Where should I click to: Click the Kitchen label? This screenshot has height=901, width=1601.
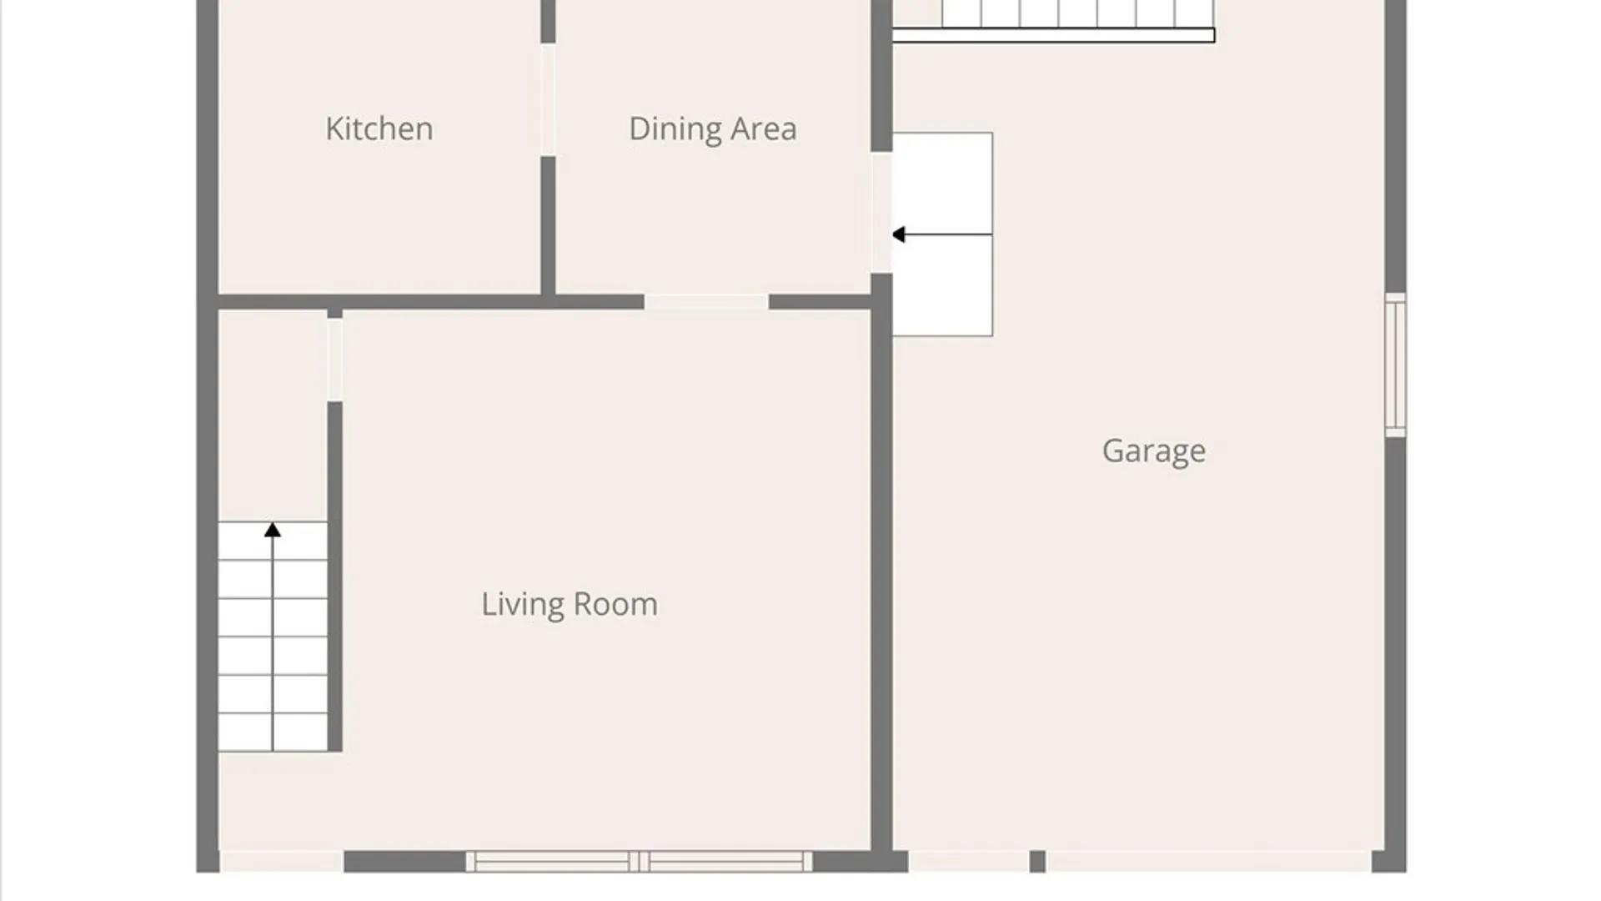click(379, 128)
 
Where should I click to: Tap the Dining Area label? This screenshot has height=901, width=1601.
click(713, 129)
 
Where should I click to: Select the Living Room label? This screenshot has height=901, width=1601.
click(570, 604)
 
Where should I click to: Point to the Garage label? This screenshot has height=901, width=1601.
click(1154, 451)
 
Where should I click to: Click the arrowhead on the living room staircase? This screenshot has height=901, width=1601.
click(273, 530)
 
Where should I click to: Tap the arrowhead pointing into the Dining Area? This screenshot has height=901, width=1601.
click(898, 234)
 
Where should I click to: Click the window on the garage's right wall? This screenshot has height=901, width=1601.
click(1395, 365)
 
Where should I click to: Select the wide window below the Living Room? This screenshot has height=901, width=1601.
click(639, 862)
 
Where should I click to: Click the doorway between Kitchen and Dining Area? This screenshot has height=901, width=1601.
click(548, 99)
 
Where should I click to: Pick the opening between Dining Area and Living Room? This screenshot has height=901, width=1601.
click(706, 302)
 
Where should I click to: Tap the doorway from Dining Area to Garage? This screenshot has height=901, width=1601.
click(881, 213)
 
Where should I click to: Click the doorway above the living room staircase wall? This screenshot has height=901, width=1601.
click(334, 360)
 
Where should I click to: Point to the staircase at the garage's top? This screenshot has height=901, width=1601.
click(1053, 21)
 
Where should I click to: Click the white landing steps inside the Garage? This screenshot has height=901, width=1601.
click(942, 234)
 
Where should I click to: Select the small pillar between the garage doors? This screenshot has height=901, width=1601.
click(1037, 862)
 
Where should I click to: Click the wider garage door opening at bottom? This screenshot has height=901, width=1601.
click(1209, 862)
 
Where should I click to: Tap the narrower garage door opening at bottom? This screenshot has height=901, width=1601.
click(969, 862)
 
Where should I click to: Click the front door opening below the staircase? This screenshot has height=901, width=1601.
click(282, 862)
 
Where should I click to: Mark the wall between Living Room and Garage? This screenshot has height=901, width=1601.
click(881, 563)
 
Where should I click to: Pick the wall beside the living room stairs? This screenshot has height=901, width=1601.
click(334, 576)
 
